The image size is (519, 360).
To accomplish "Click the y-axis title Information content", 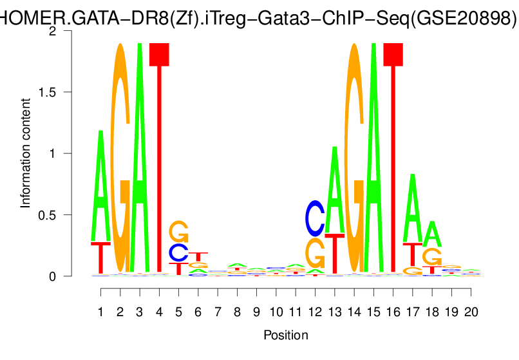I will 26,153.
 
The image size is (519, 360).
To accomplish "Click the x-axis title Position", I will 285,335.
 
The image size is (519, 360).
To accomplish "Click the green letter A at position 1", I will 100,187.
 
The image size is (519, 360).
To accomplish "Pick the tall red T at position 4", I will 158,161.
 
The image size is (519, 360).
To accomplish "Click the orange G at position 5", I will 178,231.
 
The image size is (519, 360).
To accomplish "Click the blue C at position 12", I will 315,218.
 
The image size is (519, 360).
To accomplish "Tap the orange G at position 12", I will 315,253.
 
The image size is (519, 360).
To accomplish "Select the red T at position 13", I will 334,254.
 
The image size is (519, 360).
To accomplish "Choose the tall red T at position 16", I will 393,161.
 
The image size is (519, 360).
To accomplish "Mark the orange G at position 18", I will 432,256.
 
